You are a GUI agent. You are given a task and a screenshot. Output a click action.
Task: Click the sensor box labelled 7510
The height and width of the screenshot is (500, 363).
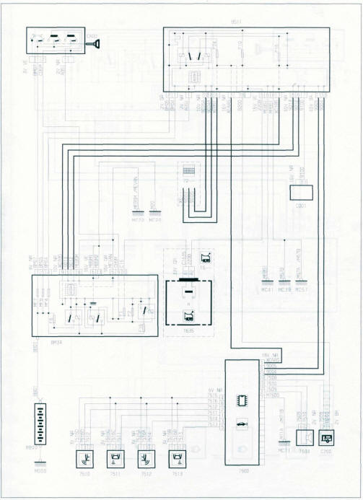click(85, 457)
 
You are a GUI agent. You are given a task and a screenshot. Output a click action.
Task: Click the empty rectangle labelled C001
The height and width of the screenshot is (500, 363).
click(299, 193)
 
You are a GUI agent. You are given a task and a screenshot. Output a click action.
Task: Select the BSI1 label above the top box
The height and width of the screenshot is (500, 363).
click(247, 25)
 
